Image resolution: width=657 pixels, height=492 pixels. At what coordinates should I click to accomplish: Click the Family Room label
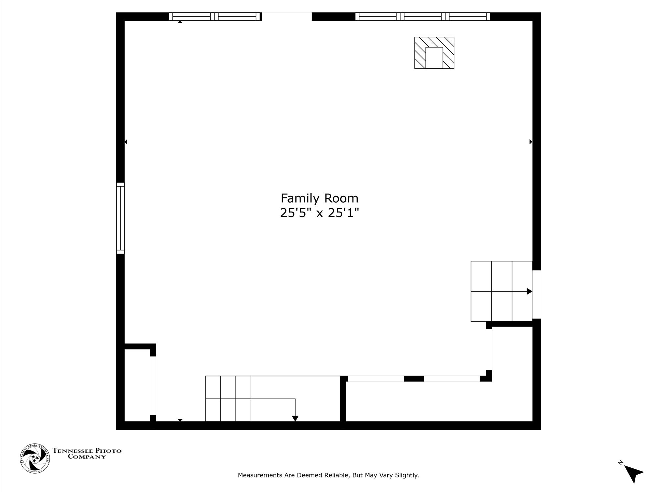coord(319,198)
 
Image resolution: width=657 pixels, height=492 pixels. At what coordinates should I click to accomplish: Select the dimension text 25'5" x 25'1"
coord(319,213)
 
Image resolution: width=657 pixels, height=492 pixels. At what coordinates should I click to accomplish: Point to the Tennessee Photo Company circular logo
coord(35,458)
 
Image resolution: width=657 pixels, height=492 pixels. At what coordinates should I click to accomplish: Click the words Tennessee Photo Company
coord(87,453)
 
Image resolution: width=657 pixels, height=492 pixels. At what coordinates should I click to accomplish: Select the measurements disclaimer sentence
coord(328,475)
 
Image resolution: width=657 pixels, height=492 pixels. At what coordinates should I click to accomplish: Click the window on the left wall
coord(121,218)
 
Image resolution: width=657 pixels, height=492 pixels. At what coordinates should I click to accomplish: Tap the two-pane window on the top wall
coord(215,16)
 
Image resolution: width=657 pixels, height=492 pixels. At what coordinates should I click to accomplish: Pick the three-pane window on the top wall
coord(423,16)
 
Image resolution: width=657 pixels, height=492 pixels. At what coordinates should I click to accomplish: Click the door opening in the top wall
coord(287,16)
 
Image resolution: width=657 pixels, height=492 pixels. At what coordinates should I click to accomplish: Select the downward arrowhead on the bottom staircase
coord(295,419)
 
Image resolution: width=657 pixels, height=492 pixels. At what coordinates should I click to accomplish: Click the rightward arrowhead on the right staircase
coord(529,291)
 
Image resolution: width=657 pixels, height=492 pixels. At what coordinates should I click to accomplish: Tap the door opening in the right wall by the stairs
coord(536,294)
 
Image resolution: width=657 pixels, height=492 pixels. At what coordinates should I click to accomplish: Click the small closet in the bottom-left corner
coord(137,385)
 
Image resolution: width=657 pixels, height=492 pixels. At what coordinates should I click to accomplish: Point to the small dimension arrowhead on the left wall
coord(126,142)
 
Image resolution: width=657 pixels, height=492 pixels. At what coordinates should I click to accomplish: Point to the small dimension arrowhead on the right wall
coord(531,142)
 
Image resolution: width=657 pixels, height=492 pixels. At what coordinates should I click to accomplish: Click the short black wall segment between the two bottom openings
coord(414,379)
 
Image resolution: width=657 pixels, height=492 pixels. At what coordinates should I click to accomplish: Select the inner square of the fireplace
coord(434,58)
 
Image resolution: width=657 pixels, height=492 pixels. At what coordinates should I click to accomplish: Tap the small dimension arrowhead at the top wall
coord(180,22)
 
